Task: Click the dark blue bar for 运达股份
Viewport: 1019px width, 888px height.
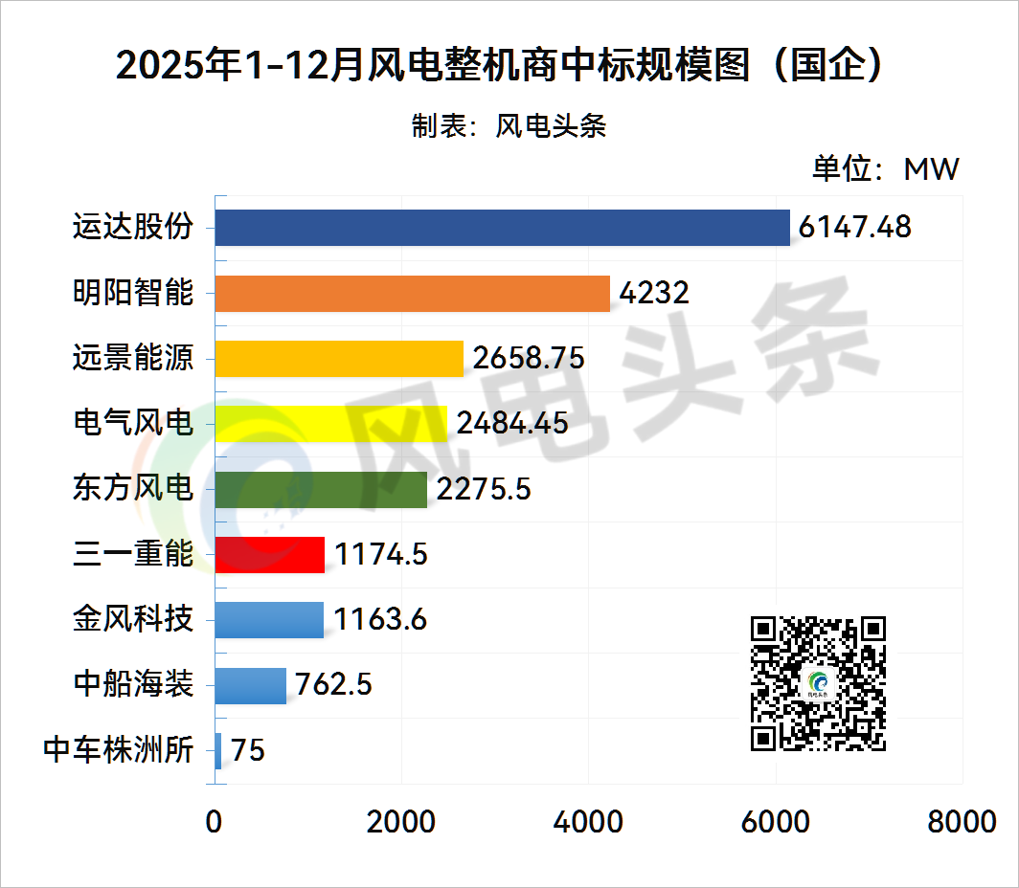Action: coord(502,228)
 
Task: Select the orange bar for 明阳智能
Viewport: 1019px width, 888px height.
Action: coord(412,293)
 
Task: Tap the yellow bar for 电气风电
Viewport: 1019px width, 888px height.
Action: coord(330,423)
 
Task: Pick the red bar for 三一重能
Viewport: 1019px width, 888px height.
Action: coord(270,554)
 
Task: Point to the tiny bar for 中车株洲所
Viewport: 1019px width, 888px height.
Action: coord(218,750)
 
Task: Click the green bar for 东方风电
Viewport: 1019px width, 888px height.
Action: coord(321,489)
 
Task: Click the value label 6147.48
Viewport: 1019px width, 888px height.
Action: coord(854,228)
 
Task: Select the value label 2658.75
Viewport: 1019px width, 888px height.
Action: coord(529,358)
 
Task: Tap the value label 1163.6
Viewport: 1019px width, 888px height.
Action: coord(380,619)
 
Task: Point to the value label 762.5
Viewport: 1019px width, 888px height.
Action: coord(334,685)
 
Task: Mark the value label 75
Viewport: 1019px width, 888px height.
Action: coord(248,750)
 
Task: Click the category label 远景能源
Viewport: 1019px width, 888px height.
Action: coord(133,358)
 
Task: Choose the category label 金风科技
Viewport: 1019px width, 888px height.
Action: coord(133,619)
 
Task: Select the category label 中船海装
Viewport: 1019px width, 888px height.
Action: coord(133,685)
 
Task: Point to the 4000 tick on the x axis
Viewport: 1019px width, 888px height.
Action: coord(589,822)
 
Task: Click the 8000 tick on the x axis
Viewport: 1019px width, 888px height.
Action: coord(962,822)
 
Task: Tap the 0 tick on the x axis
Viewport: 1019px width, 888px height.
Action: coord(214,822)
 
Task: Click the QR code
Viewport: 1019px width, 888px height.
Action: coord(818,683)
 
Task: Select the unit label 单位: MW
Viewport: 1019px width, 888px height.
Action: coord(885,169)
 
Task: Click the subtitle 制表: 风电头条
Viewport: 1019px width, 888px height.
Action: coord(509,126)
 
